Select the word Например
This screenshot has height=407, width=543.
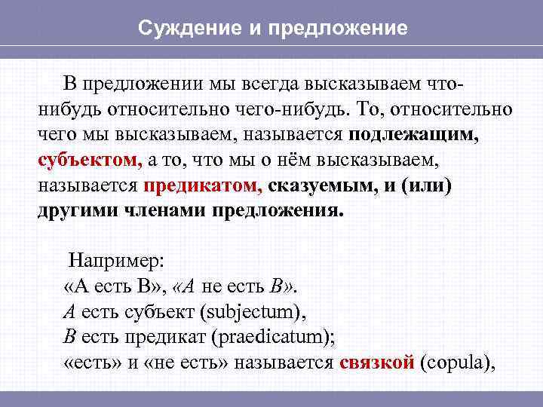coord(121,261)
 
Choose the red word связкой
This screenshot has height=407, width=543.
coord(377,362)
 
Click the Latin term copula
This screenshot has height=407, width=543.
coord(456,362)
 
